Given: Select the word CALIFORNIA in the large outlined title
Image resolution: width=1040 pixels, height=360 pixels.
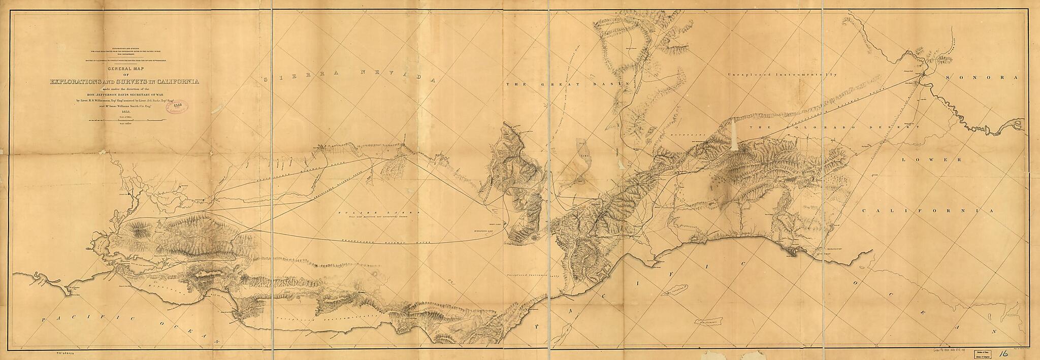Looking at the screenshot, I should pos(175,82).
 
